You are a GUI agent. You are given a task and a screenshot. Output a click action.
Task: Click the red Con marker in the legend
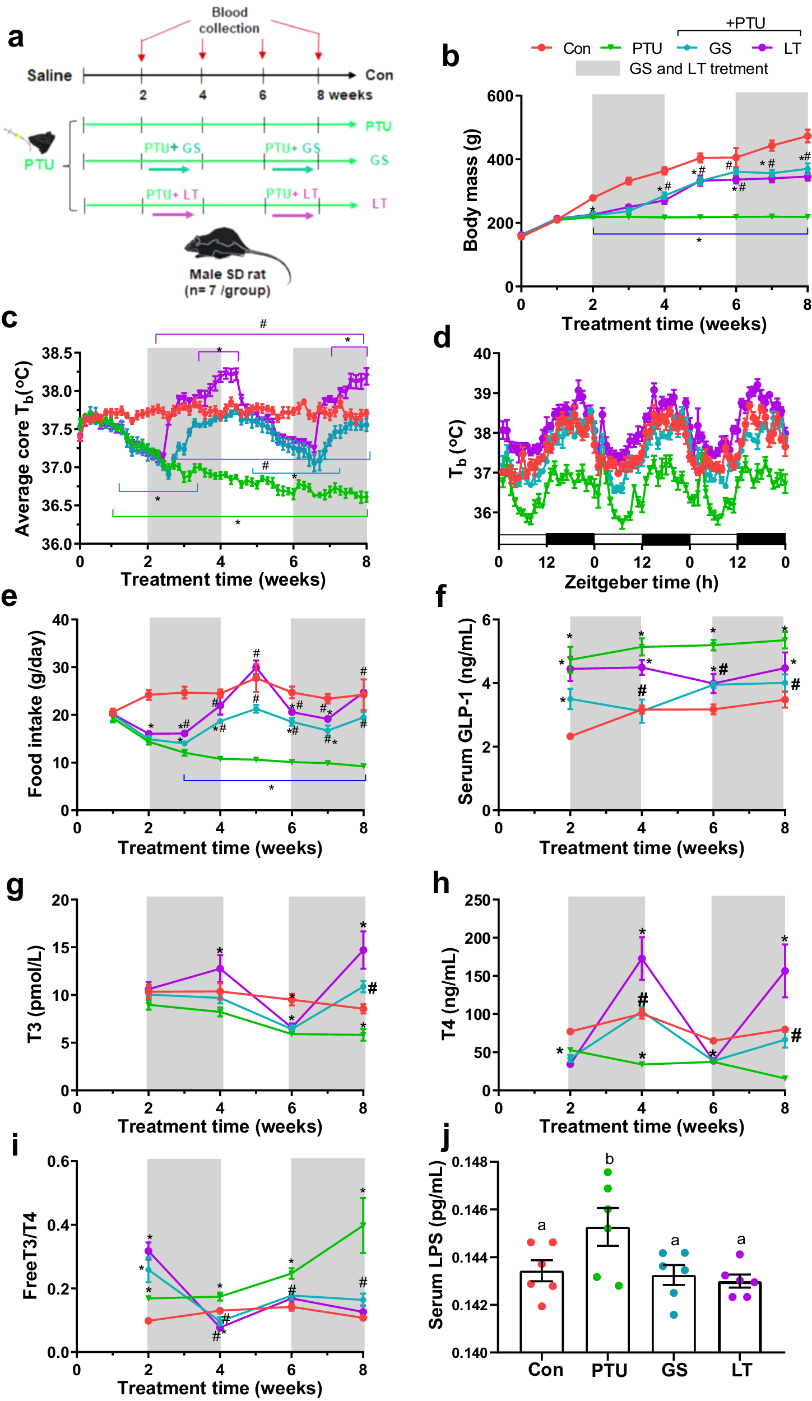[541, 48]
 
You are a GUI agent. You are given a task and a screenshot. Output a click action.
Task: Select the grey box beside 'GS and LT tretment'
[597, 68]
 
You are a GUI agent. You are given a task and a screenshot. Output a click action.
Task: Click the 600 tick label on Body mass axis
[500, 96]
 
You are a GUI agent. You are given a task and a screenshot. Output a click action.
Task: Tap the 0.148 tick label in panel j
[470, 1162]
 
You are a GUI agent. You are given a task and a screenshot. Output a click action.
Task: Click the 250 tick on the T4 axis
[478, 900]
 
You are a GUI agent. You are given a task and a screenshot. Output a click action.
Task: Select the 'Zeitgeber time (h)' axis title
[641, 582]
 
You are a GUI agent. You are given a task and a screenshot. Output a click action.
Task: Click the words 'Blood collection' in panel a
[229, 20]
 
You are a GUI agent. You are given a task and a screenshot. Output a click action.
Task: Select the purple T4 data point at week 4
[642, 959]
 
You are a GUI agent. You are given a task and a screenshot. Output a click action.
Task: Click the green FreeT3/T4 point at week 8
[363, 1226]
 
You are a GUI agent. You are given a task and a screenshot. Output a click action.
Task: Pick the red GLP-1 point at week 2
[570, 736]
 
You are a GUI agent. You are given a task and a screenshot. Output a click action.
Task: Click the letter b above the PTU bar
[609, 1159]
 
